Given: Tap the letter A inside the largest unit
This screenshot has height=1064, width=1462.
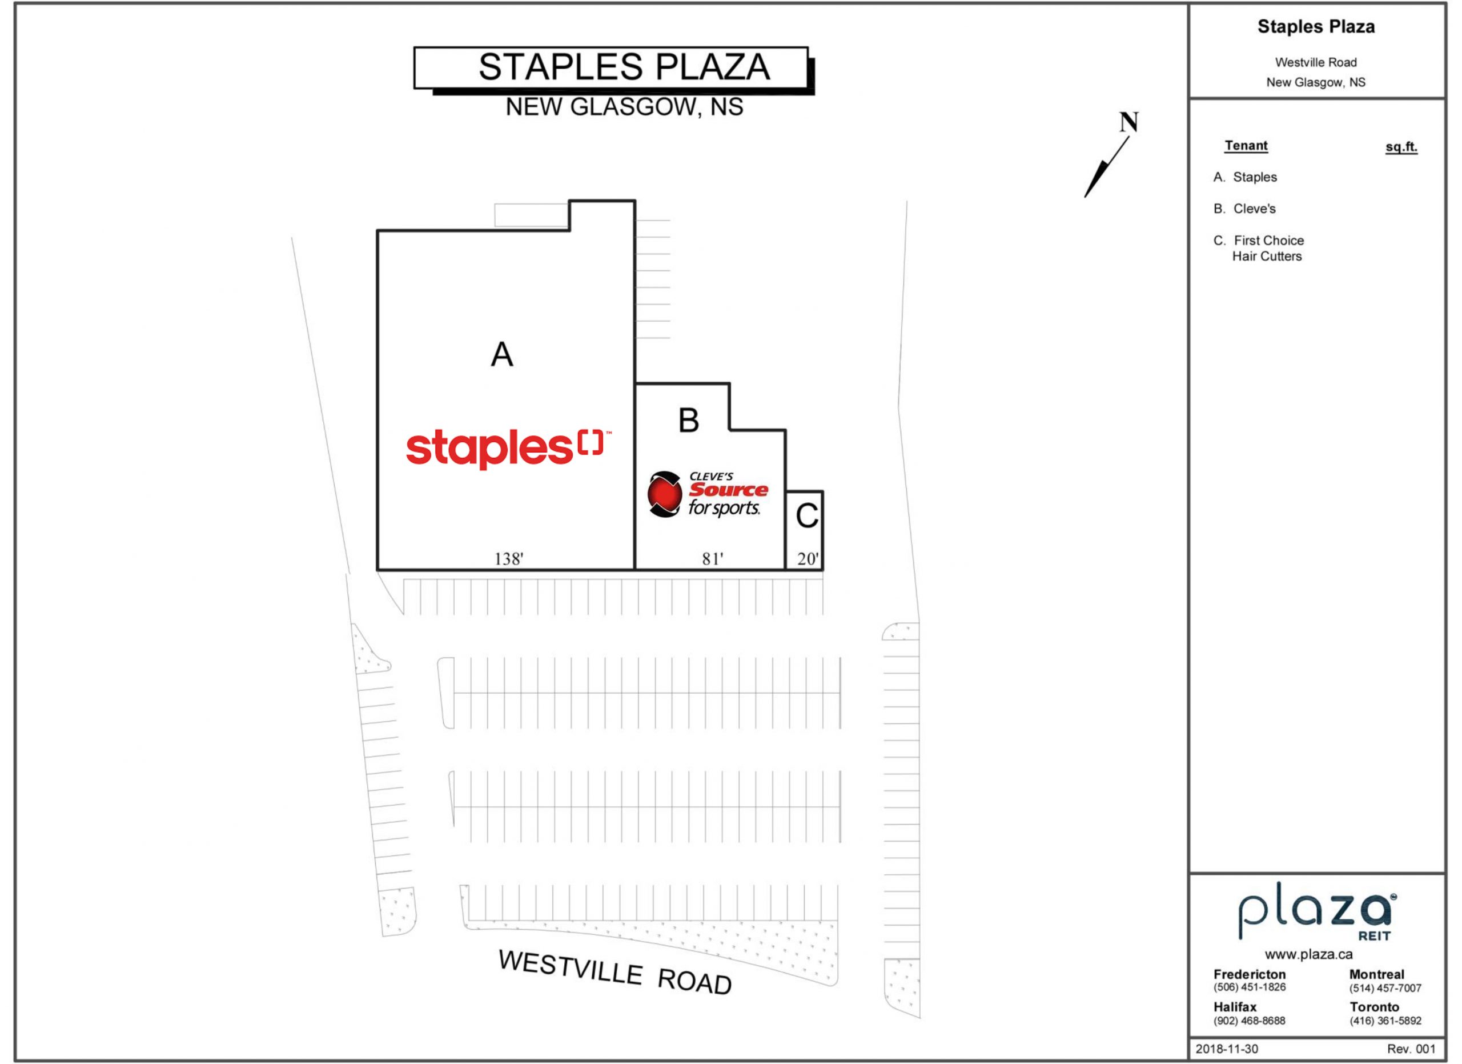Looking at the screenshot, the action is pyautogui.click(x=502, y=354).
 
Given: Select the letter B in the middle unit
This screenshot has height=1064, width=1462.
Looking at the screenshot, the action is pyautogui.click(x=689, y=421).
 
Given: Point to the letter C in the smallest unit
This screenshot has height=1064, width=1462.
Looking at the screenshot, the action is pyautogui.click(x=807, y=516).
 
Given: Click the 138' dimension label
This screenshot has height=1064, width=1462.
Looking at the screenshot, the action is pyautogui.click(x=509, y=558).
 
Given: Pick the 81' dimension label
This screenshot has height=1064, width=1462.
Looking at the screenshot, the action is pyautogui.click(x=712, y=558).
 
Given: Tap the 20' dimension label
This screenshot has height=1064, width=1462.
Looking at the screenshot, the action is pyautogui.click(x=808, y=558).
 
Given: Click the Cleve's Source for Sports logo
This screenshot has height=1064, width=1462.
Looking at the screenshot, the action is pyautogui.click(x=708, y=495).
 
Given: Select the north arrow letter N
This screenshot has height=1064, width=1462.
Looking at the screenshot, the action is pyautogui.click(x=1128, y=122).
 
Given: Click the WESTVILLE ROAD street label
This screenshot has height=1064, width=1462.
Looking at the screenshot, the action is pyautogui.click(x=615, y=973).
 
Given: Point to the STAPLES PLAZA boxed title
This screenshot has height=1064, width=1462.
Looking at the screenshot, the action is pyautogui.click(x=614, y=69).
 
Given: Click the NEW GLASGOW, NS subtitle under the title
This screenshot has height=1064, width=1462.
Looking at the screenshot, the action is pyautogui.click(x=624, y=107).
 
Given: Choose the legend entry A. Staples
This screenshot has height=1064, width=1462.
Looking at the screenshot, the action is pyautogui.click(x=1245, y=177).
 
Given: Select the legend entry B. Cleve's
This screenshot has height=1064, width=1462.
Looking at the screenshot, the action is pyautogui.click(x=1244, y=209).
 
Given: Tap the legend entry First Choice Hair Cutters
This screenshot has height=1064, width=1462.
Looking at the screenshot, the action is pyautogui.click(x=1258, y=248).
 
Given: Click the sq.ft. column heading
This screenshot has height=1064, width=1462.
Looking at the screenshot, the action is pyautogui.click(x=1401, y=147).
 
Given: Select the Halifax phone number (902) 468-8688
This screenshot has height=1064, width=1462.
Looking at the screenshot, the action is pyautogui.click(x=1250, y=1021).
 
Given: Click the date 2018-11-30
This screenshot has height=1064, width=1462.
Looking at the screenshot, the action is pyautogui.click(x=1227, y=1049).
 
